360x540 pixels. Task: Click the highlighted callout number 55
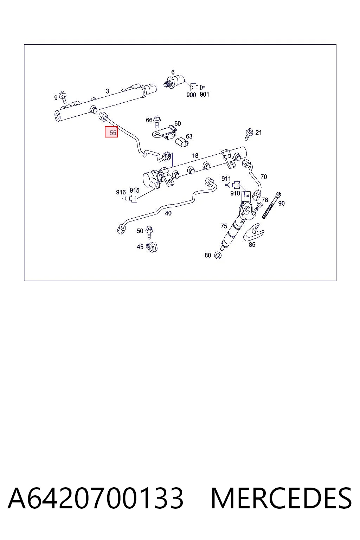(111, 132)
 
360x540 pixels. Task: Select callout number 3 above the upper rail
(107, 91)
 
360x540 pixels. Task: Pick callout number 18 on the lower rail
(195, 155)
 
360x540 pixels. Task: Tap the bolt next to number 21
(249, 134)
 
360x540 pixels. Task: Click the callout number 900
(191, 95)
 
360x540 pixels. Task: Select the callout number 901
(204, 95)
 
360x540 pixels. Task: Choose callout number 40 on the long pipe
(168, 213)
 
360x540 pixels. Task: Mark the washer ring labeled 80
(218, 255)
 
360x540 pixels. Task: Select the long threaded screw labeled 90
(271, 205)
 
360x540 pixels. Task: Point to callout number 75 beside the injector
(224, 226)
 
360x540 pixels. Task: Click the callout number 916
(121, 192)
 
